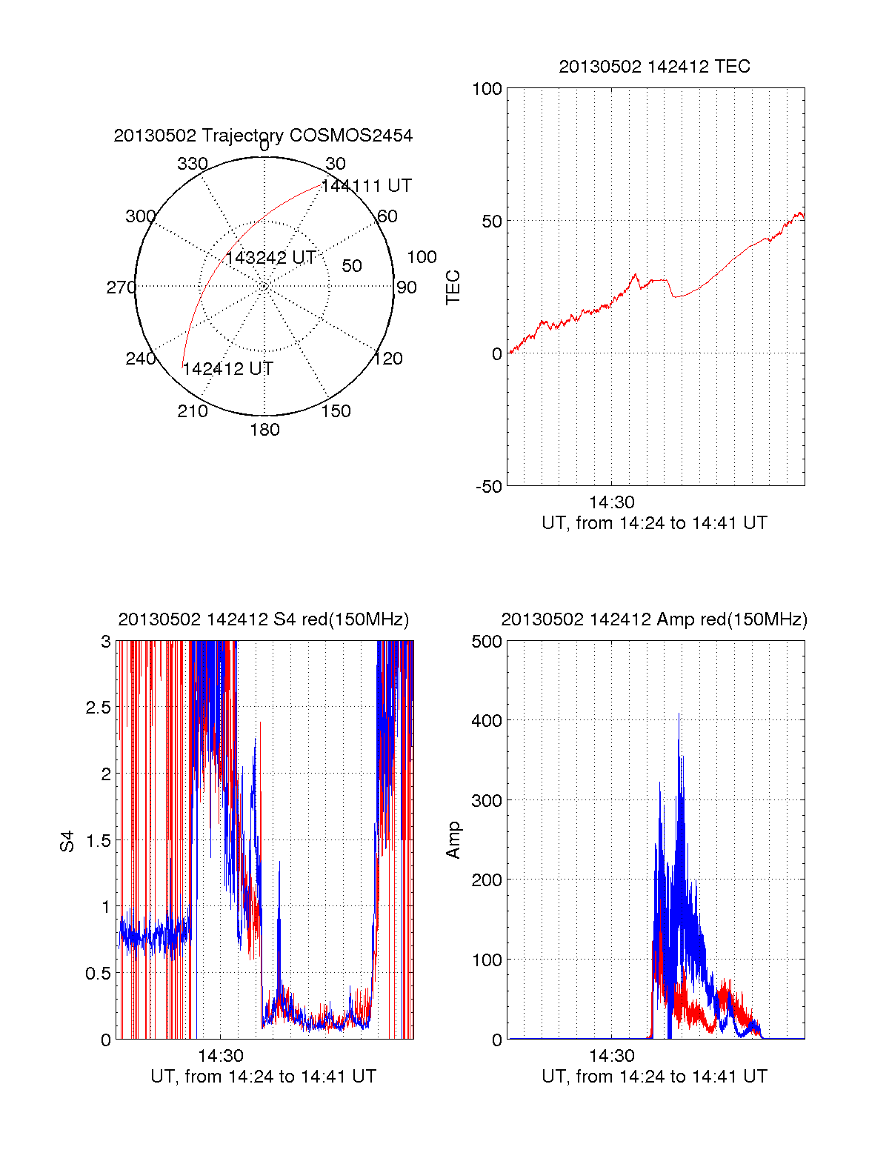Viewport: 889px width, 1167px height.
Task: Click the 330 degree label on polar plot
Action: click(x=193, y=164)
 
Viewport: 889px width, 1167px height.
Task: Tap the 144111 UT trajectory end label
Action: click(x=366, y=186)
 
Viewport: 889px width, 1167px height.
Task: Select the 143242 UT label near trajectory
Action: click(x=270, y=258)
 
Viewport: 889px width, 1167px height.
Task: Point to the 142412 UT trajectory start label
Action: click(x=228, y=369)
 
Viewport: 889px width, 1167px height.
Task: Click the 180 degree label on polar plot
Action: click(x=264, y=430)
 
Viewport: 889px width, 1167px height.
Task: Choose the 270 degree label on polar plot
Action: click(x=121, y=287)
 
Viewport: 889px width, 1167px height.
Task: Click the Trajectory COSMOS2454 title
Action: click(x=263, y=136)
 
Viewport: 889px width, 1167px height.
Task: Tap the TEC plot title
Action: click(x=654, y=67)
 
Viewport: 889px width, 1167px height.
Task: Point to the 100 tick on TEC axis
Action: click(x=487, y=90)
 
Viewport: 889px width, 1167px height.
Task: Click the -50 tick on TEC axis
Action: click(x=488, y=487)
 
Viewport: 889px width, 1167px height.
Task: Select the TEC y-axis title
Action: click(x=453, y=287)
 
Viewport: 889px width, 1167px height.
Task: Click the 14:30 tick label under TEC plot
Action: click(x=611, y=503)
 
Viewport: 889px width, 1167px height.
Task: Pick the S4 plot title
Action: click(x=263, y=619)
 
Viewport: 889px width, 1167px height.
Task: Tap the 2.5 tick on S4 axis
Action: click(x=98, y=708)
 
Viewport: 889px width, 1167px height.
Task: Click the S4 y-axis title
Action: click(x=67, y=841)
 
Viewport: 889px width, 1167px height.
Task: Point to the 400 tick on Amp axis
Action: click(x=487, y=720)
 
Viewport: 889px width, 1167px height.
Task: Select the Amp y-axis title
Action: click(x=453, y=840)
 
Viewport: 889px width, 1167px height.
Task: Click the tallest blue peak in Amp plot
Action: click(x=679, y=715)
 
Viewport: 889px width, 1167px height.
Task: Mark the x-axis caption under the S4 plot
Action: click(x=263, y=1077)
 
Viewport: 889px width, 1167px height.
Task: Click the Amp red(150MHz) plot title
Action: click(x=654, y=619)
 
